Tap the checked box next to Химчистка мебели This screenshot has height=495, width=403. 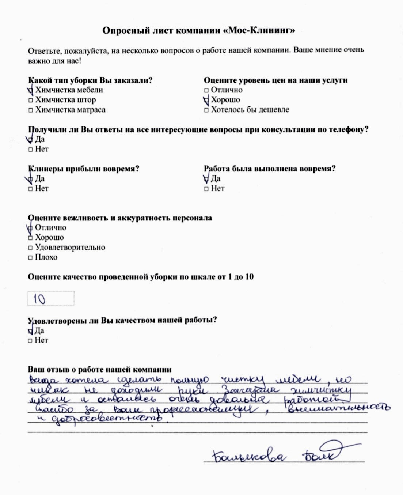[x=30, y=90]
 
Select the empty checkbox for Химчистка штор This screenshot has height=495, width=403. [x=31, y=100]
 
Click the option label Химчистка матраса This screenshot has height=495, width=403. [x=70, y=110]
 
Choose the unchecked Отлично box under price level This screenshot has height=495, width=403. [x=206, y=90]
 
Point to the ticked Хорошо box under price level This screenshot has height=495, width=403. [x=206, y=100]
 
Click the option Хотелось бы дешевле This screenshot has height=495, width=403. [x=250, y=110]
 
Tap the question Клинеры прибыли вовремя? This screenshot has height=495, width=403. [x=84, y=169]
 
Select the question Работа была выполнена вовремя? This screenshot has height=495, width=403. [x=270, y=169]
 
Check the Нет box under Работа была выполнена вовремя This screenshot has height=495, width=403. [x=206, y=189]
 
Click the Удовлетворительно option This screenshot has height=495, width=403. [x=70, y=247]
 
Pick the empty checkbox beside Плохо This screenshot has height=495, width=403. [x=31, y=257]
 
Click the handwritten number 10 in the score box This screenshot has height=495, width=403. [x=39, y=299]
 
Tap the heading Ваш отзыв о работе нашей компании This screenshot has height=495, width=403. [x=100, y=370]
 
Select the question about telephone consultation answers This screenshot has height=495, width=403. [x=198, y=129]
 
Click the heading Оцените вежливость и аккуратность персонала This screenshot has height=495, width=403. [x=120, y=218]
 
